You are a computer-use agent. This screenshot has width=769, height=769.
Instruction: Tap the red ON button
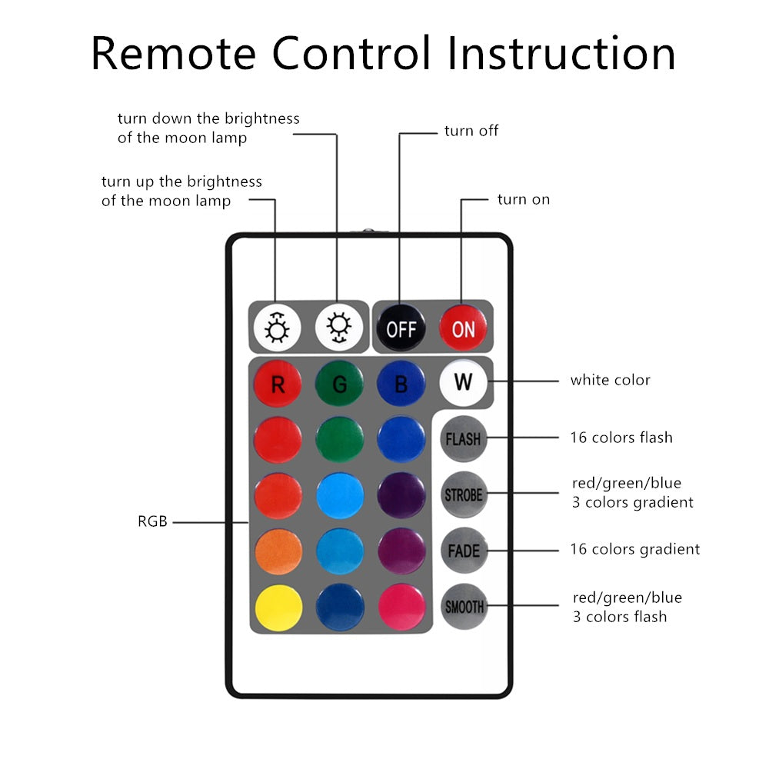tap(463, 328)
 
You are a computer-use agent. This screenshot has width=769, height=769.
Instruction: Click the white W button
tap(463, 381)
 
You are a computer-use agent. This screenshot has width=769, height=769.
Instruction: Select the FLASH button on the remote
tap(462, 439)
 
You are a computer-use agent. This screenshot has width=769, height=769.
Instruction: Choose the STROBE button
tap(463, 494)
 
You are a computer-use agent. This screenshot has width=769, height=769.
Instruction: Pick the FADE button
tap(463, 551)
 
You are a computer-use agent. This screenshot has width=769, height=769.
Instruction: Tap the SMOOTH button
tap(464, 607)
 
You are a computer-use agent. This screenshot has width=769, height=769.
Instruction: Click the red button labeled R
tap(278, 384)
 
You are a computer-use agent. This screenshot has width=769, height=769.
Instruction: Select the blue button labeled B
tap(401, 384)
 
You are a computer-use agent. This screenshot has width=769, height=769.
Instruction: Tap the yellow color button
tap(278, 608)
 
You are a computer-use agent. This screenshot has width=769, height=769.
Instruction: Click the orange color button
tap(278, 551)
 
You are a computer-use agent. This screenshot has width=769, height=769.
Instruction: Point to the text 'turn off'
tap(471, 131)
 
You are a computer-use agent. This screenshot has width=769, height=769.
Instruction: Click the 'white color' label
tap(610, 380)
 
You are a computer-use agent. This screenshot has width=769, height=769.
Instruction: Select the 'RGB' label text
tap(152, 521)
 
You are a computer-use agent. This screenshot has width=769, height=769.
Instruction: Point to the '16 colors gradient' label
tap(634, 549)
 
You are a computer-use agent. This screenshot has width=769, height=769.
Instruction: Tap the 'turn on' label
tap(524, 199)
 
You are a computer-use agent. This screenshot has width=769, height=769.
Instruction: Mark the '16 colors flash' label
tap(621, 438)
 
